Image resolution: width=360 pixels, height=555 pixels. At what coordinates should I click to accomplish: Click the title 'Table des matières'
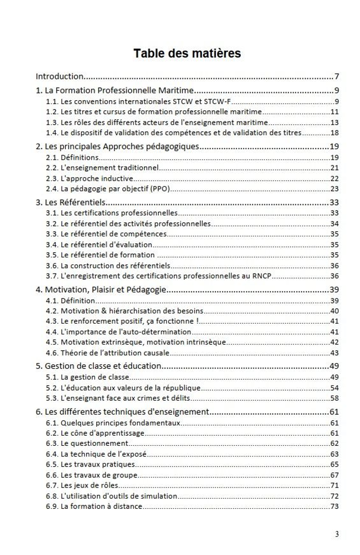(187, 53)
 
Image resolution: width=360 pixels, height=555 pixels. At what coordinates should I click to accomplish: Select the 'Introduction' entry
(60, 76)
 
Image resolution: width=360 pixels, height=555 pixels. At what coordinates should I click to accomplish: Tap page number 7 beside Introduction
(336, 76)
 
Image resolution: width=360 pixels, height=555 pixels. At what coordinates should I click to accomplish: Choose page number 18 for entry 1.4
(334, 133)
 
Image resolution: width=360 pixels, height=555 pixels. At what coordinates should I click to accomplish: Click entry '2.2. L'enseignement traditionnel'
(102, 168)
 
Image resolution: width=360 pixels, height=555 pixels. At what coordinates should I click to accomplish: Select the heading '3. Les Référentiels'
(71, 202)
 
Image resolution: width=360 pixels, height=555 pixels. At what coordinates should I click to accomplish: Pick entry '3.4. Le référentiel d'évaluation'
(99, 245)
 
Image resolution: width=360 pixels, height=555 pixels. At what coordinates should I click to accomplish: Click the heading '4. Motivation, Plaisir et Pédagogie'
(101, 289)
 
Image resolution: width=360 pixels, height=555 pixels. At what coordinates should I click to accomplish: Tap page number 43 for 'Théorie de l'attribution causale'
(334, 353)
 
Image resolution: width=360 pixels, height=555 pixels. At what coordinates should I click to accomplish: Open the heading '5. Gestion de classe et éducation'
(98, 366)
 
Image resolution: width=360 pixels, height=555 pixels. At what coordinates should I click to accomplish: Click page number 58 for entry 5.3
(334, 398)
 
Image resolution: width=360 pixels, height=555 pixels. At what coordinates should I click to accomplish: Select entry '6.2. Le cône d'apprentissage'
(95, 433)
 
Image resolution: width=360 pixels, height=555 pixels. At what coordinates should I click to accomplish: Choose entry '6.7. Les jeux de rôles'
(82, 485)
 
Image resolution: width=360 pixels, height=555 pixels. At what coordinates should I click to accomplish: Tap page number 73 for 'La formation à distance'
(334, 506)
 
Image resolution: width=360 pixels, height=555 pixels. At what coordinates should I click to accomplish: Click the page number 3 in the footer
(336, 534)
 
